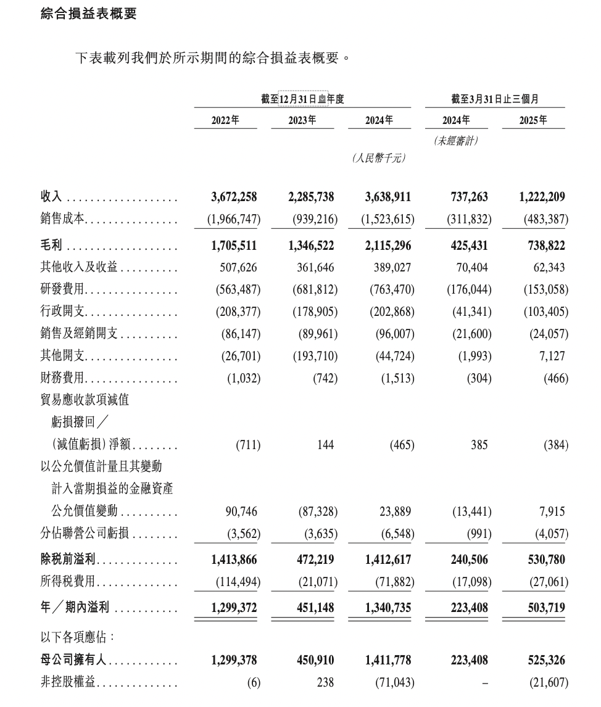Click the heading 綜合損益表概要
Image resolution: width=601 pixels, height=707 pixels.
click(88, 14)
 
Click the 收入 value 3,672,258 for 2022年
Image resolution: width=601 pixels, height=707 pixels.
click(234, 197)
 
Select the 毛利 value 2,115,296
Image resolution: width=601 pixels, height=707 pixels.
click(388, 246)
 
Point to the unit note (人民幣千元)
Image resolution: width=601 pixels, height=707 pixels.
click(379, 159)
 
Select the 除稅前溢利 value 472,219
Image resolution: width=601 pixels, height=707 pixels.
click(311, 560)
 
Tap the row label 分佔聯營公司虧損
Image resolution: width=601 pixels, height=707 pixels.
click(84, 534)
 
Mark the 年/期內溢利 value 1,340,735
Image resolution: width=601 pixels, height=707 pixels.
click(388, 608)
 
